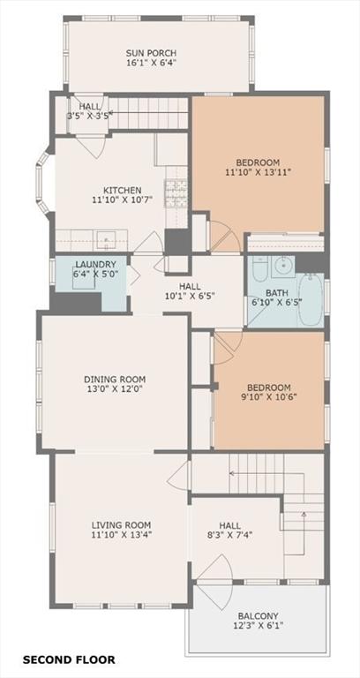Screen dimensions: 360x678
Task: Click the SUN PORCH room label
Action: click(x=151, y=53)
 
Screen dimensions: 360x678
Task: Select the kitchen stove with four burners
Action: click(x=176, y=192)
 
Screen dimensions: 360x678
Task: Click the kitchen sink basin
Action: click(x=104, y=240)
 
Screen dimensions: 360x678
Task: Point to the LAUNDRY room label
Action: click(x=95, y=264)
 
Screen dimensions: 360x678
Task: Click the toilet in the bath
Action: click(x=260, y=268)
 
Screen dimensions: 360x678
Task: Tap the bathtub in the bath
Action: click(x=311, y=299)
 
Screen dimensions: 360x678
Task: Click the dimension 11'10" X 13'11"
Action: click(x=258, y=172)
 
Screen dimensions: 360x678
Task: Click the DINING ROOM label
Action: click(x=115, y=380)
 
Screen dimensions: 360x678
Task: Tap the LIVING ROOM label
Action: click(x=122, y=525)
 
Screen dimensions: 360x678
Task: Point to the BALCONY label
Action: click(x=258, y=615)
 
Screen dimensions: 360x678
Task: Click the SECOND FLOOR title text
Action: click(x=69, y=659)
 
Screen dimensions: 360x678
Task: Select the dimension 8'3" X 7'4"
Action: click(x=229, y=535)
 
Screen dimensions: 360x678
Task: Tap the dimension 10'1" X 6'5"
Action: click(x=190, y=296)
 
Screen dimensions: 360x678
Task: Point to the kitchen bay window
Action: click(x=43, y=183)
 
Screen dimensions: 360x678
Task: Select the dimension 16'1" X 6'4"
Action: click(x=151, y=63)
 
